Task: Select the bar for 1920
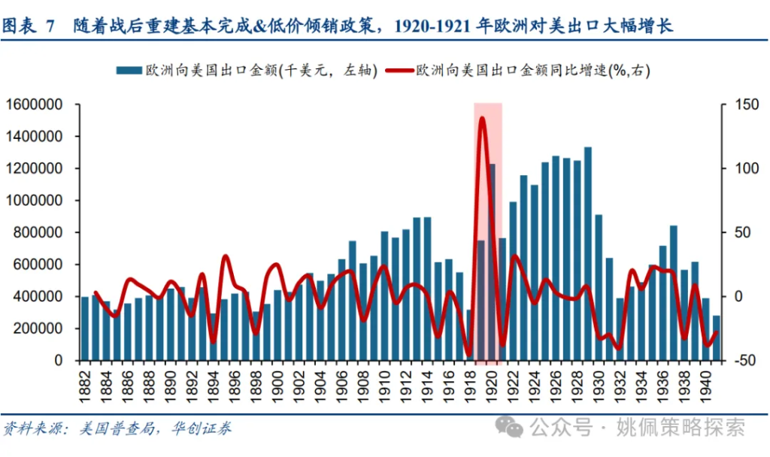pyautogui.click(x=491, y=262)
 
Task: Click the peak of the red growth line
pyautogui.click(x=482, y=118)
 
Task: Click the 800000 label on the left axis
pyautogui.click(x=41, y=232)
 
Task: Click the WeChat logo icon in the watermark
pyautogui.click(x=514, y=428)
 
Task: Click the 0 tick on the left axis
pyautogui.click(x=68, y=361)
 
